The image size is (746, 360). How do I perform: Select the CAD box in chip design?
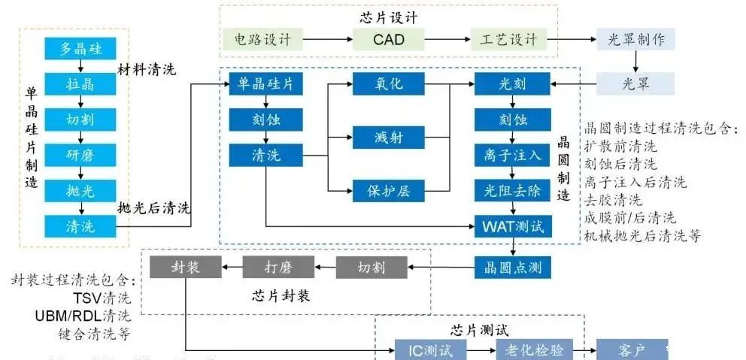click(x=389, y=38)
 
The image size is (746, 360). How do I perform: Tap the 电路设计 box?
click(x=262, y=38)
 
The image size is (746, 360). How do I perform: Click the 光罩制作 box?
click(x=635, y=38)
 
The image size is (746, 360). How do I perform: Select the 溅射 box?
click(x=389, y=137)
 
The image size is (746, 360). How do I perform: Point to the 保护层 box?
click(x=389, y=189)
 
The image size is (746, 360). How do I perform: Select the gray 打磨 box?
click(x=277, y=266)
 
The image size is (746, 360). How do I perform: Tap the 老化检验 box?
click(x=535, y=349)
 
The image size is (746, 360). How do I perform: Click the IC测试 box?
click(x=431, y=349)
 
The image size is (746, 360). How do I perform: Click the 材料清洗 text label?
click(x=147, y=70)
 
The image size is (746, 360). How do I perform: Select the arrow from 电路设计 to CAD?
click(x=327, y=38)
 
